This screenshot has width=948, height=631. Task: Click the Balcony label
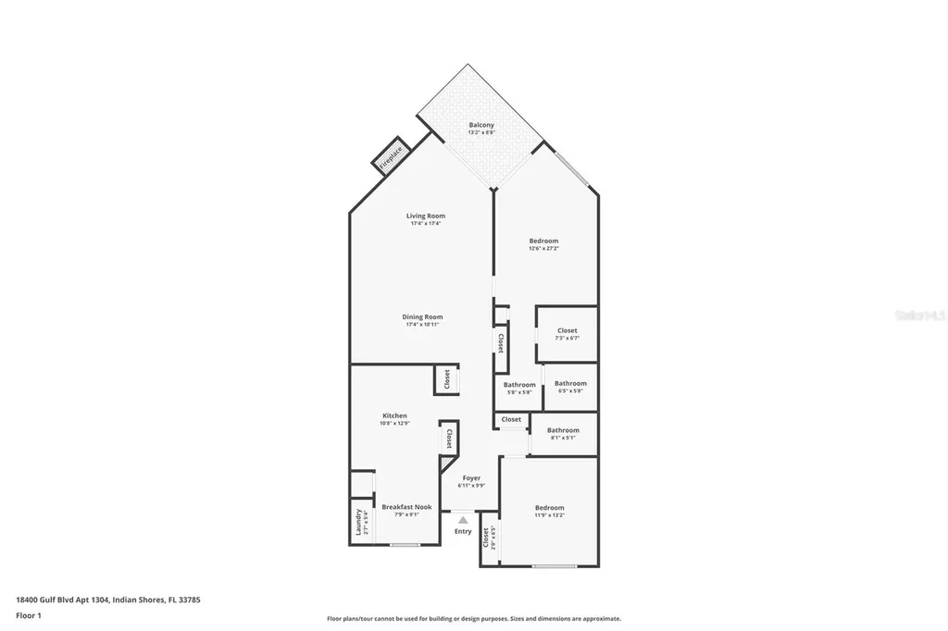click(x=480, y=125)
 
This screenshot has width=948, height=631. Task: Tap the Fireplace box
click(x=391, y=155)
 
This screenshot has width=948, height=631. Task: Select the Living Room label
click(x=425, y=216)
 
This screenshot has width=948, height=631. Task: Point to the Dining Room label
click(x=422, y=317)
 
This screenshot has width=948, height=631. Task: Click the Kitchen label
click(x=394, y=416)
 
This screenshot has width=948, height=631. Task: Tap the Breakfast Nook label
click(x=406, y=507)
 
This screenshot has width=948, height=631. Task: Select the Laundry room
click(x=361, y=523)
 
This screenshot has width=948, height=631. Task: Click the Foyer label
click(x=471, y=478)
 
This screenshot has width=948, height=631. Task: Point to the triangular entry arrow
click(x=463, y=520)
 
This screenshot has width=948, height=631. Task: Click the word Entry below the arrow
click(x=463, y=531)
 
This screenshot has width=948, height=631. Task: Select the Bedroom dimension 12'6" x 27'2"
click(x=543, y=248)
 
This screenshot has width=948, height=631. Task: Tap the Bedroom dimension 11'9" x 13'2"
click(x=549, y=515)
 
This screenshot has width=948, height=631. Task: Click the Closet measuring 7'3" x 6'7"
click(x=567, y=334)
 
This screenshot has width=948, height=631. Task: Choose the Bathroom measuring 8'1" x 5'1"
click(x=563, y=434)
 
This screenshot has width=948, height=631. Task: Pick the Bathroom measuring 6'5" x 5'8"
click(x=570, y=387)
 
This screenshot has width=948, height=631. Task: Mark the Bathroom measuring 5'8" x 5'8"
click(x=519, y=389)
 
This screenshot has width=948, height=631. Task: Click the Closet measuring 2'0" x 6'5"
click(x=489, y=538)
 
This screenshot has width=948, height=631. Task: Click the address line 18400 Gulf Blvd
click(x=107, y=600)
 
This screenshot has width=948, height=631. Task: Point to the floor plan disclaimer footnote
click(x=473, y=619)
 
